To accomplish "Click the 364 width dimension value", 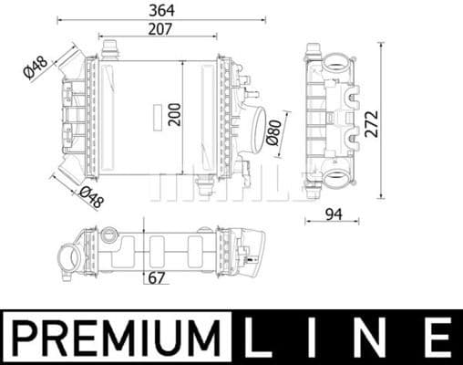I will click(x=163, y=10).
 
